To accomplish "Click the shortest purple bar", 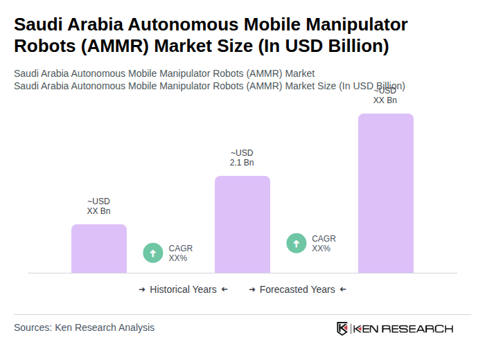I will (x=99, y=249).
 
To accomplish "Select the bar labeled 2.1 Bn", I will (x=242, y=224).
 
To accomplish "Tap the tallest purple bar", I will (x=385, y=193).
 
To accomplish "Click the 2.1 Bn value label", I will (x=242, y=158).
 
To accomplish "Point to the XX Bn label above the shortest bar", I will (x=98, y=206).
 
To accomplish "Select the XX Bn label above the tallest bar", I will (x=385, y=96).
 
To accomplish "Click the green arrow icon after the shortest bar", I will (x=153, y=253).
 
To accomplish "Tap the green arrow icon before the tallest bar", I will (x=297, y=243).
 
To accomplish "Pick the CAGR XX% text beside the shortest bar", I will (x=180, y=253).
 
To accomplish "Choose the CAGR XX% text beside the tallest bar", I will (x=324, y=244).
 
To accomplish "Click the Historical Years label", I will (x=183, y=289).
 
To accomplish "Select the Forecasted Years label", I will (x=297, y=289).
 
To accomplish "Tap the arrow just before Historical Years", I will (x=142, y=289).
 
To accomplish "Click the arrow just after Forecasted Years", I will (x=343, y=289).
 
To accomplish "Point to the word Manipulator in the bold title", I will (x=355, y=25).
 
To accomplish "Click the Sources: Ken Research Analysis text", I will (x=84, y=327).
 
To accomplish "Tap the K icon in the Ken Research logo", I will (x=342, y=328).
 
